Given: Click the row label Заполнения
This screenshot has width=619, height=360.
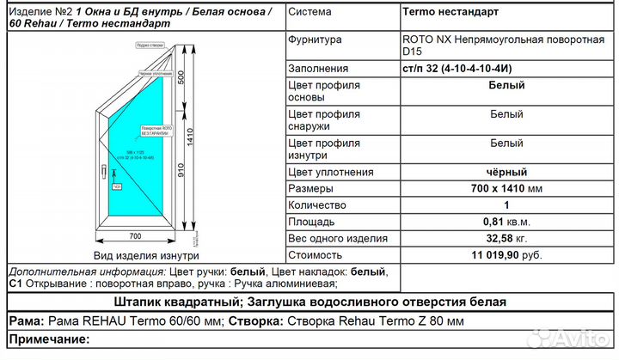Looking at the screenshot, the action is [x=318, y=69].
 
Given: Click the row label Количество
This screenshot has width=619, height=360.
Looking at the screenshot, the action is [x=317, y=205].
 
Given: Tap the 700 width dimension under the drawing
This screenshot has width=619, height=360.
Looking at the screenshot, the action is [x=134, y=235].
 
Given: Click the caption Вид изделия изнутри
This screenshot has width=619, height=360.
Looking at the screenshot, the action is [x=145, y=255].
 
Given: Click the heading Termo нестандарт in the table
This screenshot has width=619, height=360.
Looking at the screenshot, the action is [x=450, y=12].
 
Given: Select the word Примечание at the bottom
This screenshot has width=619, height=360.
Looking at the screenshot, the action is [x=48, y=339].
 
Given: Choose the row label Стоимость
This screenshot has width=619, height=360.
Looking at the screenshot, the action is [x=316, y=255].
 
